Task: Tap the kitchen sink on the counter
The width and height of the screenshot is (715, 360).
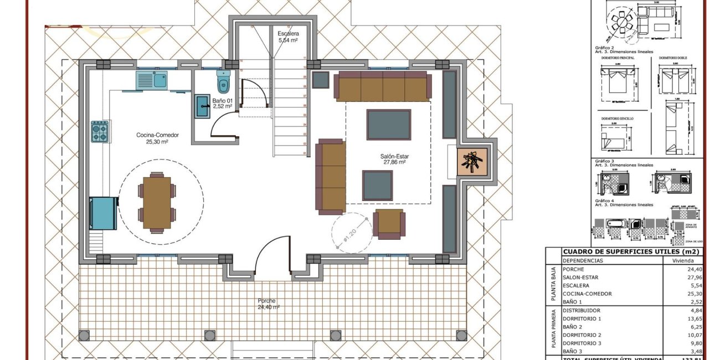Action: pyautogui.click(x=152, y=81)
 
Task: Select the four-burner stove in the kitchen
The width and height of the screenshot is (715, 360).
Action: pyautogui.click(x=100, y=132)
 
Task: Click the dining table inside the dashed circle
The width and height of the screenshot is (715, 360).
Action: pyautogui.click(x=156, y=202)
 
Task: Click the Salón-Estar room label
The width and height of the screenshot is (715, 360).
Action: pyautogui.click(x=395, y=160)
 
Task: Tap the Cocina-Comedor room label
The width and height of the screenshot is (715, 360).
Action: pyautogui.click(x=152, y=138)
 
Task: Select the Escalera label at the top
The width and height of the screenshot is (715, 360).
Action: pyautogui.click(x=288, y=37)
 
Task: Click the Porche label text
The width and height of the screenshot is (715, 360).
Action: pyautogui.click(x=267, y=304)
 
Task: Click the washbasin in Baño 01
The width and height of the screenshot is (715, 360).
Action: pyautogui.click(x=201, y=106)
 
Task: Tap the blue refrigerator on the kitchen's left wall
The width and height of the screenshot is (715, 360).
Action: pyautogui.click(x=104, y=213)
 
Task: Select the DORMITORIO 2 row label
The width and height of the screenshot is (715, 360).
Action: pyautogui.click(x=582, y=335)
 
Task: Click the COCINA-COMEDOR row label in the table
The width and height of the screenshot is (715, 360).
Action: pyautogui.click(x=588, y=294)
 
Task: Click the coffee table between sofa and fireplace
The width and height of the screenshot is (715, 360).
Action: pyautogui.click(x=389, y=124)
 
